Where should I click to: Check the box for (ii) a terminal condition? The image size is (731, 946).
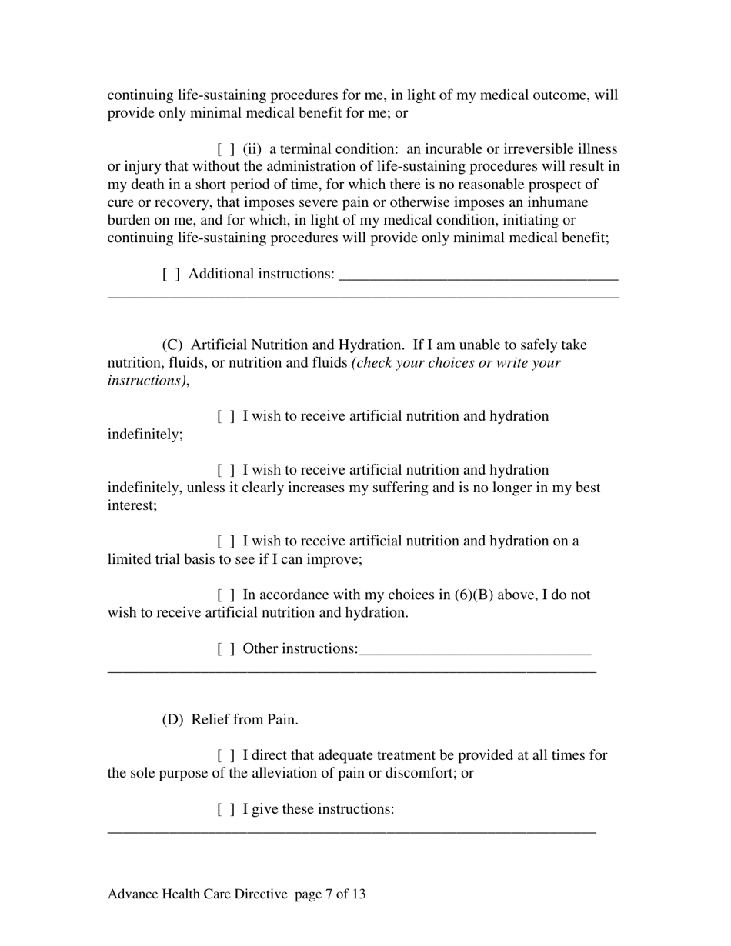pyautogui.click(x=226, y=149)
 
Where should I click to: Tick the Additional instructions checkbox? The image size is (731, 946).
pyautogui.click(x=172, y=274)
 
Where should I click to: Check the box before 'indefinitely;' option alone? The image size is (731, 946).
pyautogui.click(x=226, y=417)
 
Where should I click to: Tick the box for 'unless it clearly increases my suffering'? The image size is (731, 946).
pyautogui.click(x=226, y=470)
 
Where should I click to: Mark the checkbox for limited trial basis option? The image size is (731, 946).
pyautogui.click(x=226, y=541)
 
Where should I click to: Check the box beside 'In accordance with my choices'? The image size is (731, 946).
pyautogui.click(x=226, y=595)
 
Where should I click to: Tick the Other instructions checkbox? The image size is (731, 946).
pyautogui.click(x=226, y=649)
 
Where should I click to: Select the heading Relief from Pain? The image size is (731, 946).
pyautogui.click(x=245, y=721)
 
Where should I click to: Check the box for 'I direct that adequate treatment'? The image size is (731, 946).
pyautogui.click(x=226, y=756)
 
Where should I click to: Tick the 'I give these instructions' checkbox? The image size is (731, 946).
pyautogui.click(x=226, y=810)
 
